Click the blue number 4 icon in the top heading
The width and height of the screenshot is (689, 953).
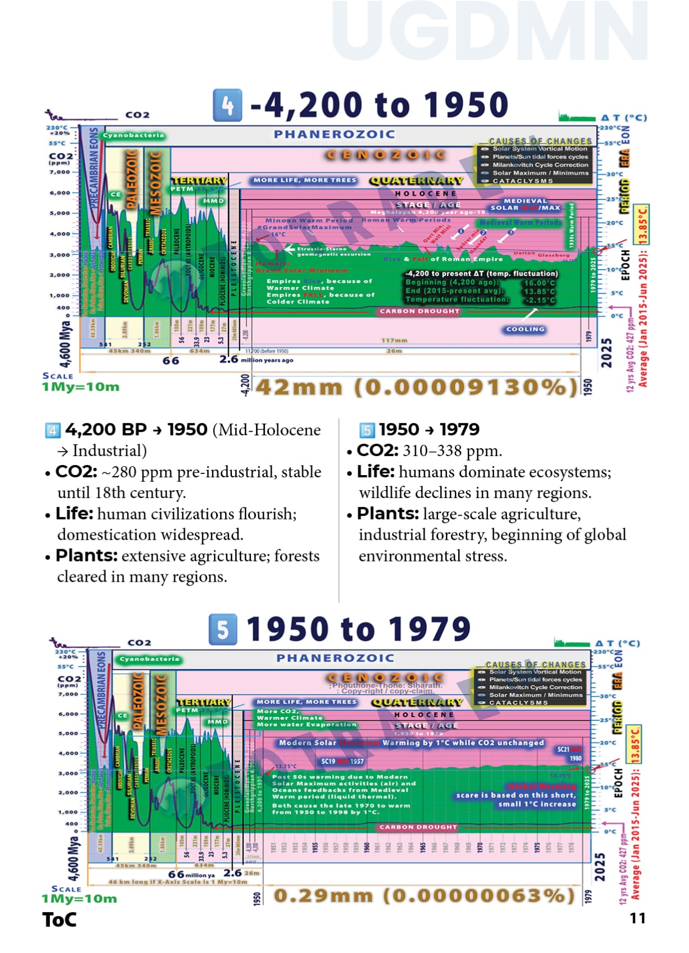[x=227, y=105]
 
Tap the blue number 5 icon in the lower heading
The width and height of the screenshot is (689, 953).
[x=222, y=629]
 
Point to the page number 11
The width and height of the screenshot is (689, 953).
[x=637, y=918]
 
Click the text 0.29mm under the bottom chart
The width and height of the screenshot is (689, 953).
[x=323, y=896]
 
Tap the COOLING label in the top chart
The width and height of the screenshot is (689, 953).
[x=525, y=329]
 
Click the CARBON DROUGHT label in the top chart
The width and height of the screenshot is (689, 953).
[x=419, y=311]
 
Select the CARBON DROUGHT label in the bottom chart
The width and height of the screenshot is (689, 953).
[x=418, y=827]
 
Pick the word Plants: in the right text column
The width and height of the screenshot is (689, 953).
[x=387, y=514]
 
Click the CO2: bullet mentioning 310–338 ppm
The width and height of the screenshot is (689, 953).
[x=377, y=450]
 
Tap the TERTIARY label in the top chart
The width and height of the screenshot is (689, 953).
[x=199, y=180]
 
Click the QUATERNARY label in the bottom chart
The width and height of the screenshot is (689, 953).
[x=417, y=702]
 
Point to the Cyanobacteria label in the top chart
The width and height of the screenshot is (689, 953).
[x=133, y=135]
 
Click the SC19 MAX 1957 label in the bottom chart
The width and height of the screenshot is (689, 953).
[x=342, y=761]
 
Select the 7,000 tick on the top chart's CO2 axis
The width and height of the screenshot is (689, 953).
[x=59, y=172]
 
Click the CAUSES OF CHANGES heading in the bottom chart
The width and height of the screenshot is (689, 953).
[x=535, y=664]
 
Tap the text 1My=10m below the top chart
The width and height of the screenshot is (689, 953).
[x=80, y=386]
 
